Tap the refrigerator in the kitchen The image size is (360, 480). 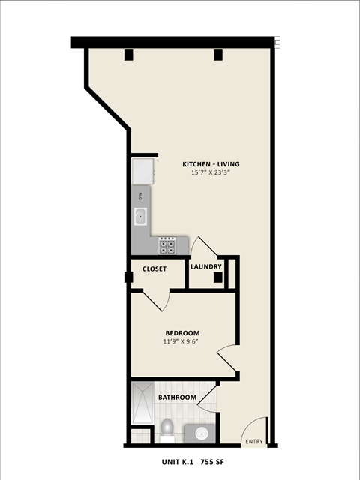pos(142,171)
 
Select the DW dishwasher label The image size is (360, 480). pos(139,196)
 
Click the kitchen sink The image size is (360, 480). pos(139,217)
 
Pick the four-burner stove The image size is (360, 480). pos(167,244)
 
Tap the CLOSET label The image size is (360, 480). pos(154,268)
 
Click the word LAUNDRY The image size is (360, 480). pos(205,266)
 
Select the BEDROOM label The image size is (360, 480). pos(182,333)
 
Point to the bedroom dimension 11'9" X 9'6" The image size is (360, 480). pos(182,342)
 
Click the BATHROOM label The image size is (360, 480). pos(177,397)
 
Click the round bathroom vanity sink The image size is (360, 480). pos(200,433)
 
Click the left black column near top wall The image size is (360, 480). pos(128,54)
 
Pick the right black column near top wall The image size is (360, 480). pos(217,54)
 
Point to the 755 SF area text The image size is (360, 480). pos(214,464)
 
